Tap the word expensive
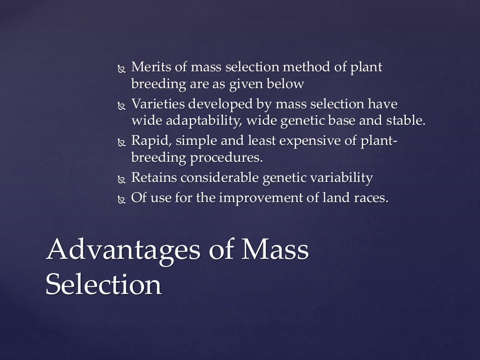point(297,140)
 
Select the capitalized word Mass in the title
point(275,250)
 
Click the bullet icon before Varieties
point(121,105)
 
